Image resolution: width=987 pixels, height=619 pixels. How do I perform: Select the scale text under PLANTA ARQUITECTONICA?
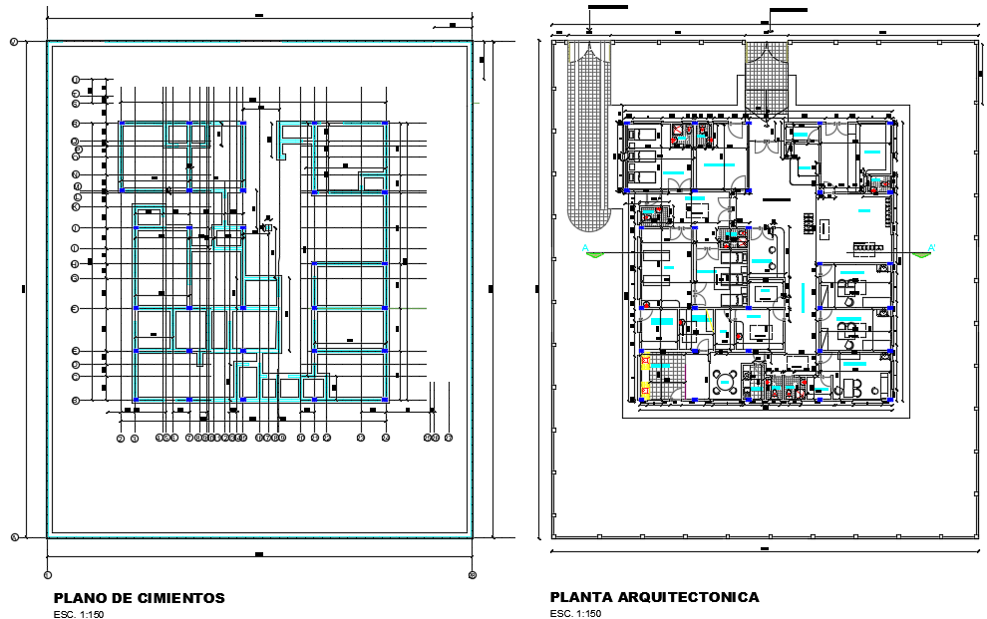[x=575, y=613]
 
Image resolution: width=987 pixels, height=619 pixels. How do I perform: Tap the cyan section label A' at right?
[x=931, y=246]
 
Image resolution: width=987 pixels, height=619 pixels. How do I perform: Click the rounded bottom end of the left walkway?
[x=588, y=221]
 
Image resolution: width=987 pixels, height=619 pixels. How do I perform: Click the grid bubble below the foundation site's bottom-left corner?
[x=47, y=574]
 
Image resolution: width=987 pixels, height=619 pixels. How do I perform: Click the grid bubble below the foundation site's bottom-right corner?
[x=473, y=574]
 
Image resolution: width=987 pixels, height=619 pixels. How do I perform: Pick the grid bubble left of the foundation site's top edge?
[x=14, y=42]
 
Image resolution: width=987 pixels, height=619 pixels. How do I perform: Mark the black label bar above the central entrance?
[x=789, y=10]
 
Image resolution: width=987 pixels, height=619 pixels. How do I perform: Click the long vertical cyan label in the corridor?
[x=801, y=295]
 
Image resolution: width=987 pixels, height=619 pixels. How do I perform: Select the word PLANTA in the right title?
[x=577, y=597]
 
